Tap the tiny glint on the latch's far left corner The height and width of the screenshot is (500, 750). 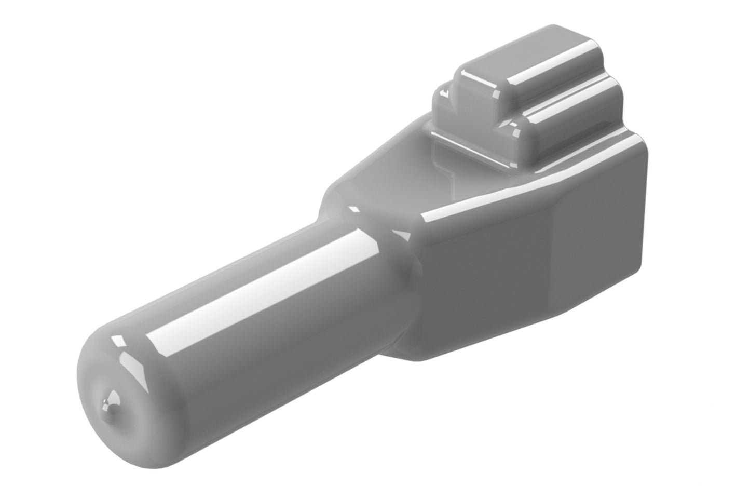444,93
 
